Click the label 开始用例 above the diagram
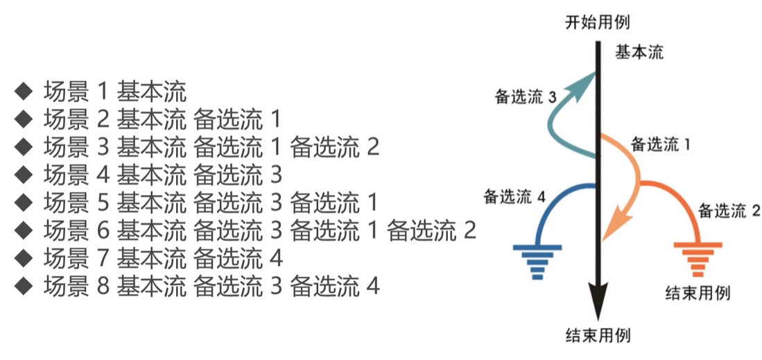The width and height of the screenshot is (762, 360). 597,21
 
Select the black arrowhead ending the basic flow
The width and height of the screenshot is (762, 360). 597,300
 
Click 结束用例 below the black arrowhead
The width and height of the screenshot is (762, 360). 597,336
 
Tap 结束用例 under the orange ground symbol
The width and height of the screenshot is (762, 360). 698,292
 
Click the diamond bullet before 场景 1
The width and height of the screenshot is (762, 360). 24,90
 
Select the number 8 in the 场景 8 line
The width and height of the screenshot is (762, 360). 103,285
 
